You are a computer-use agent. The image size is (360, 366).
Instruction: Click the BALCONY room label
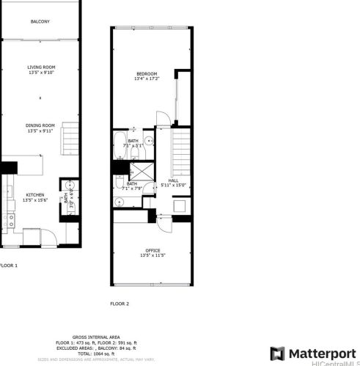click(40, 21)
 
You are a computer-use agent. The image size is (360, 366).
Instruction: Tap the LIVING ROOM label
click(41, 67)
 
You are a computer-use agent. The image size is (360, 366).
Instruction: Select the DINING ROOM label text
click(41, 125)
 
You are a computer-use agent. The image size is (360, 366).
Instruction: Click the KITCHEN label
click(34, 194)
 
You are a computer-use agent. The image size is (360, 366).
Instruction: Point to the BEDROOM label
click(147, 74)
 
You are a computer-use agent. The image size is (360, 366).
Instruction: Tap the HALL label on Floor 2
click(173, 180)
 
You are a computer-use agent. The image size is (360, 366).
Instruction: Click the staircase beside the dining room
click(70, 139)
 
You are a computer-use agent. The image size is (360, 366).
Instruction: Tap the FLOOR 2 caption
click(120, 303)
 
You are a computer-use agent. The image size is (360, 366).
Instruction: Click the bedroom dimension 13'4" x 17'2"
click(147, 79)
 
